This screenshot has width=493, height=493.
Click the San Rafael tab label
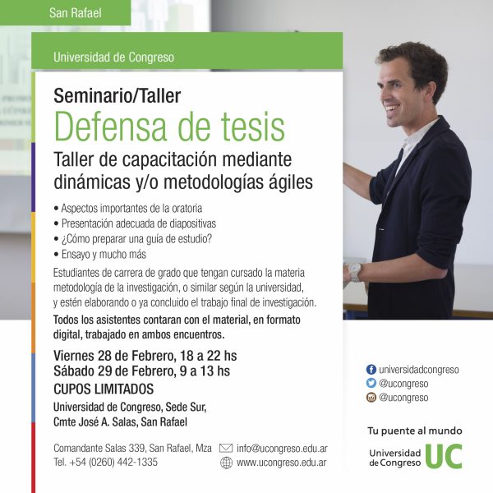(x=75, y=13)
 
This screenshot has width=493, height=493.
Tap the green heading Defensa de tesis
(x=169, y=127)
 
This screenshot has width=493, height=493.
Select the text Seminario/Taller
(x=117, y=96)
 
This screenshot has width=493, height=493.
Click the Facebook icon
(x=371, y=370)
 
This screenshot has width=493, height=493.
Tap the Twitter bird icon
(x=371, y=383)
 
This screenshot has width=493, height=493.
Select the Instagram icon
(x=371, y=398)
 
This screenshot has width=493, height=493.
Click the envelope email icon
(x=226, y=448)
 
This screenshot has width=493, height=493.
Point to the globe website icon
(x=226, y=463)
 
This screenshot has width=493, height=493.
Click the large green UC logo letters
(x=444, y=456)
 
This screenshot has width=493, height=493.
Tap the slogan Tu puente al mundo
(x=415, y=431)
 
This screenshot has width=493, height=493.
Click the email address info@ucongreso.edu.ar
(x=282, y=449)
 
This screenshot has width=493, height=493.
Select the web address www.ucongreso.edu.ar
(x=281, y=463)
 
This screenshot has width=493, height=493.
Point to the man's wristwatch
(x=355, y=272)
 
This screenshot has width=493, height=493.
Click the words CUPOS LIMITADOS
(x=104, y=389)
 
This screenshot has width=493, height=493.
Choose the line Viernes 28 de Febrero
(x=145, y=356)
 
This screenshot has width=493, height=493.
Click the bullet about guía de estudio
(x=133, y=239)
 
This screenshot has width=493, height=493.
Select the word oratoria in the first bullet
(x=187, y=208)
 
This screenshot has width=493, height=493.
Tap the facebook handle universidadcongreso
(x=419, y=370)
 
